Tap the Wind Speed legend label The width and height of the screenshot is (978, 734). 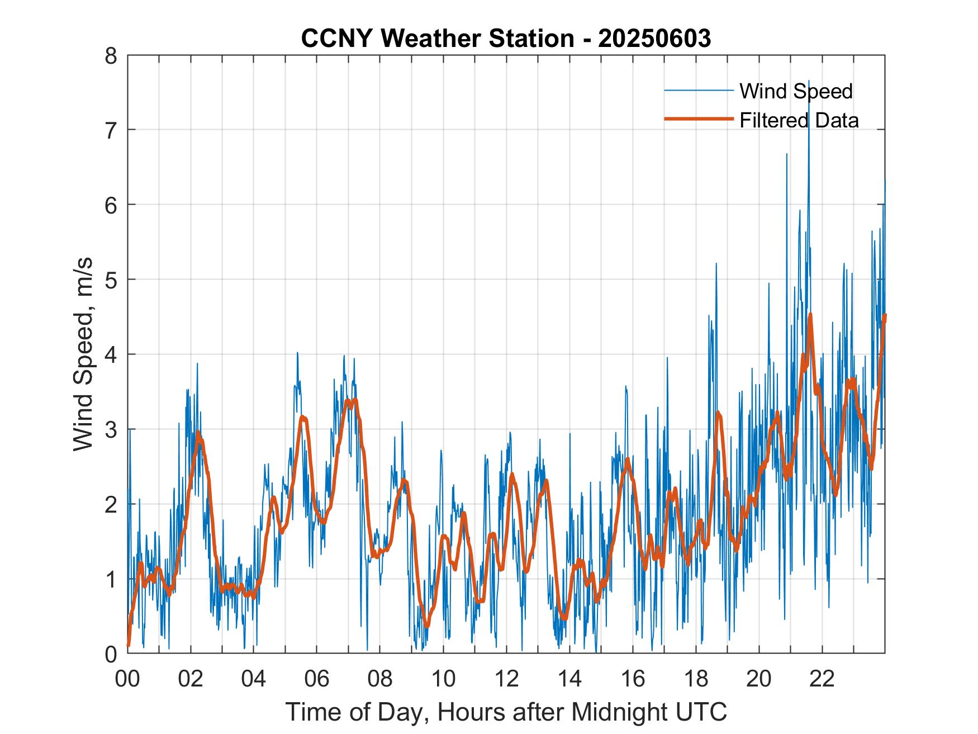[x=796, y=91]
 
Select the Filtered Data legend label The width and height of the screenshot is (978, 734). [x=799, y=120]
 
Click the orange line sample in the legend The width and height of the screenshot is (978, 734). [x=698, y=119]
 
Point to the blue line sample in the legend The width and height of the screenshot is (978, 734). [x=698, y=91]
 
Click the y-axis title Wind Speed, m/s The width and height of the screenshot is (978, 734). [x=83, y=354]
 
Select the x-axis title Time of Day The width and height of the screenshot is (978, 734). [x=506, y=712]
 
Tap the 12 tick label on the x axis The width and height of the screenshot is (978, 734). [x=506, y=680]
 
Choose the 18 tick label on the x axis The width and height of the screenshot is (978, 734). [x=695, y=680]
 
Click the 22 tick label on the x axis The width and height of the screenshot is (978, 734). [x=822, y=680]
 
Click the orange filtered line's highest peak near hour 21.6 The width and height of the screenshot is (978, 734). [x=810, y=315]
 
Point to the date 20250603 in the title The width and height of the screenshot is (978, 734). [x=654, y=39]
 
